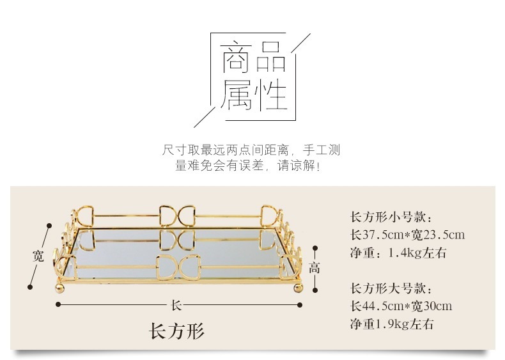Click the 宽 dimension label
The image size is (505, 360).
click(38, 256)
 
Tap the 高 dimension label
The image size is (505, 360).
click(314, 268)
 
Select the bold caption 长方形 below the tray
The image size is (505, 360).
click(176, 331)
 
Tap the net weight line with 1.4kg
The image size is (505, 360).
click(398, 253)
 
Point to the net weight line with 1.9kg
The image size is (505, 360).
click(392, 324)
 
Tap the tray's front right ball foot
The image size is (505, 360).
click(297, 288)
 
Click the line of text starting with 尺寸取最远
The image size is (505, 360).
click(251, 151)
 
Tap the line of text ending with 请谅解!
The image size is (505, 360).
click(247, 166)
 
